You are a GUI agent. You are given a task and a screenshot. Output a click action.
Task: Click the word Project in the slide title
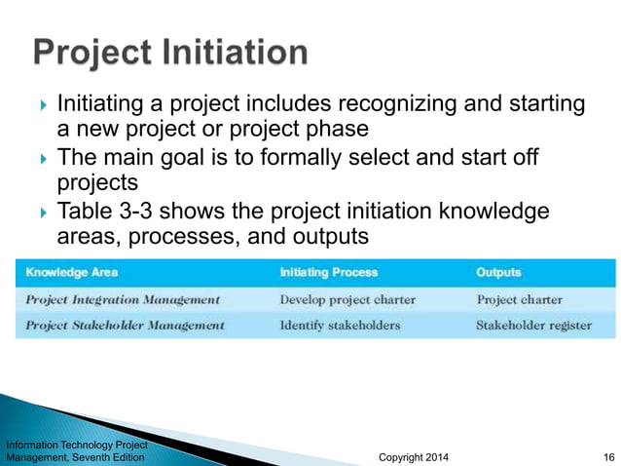click(x=91, y=53)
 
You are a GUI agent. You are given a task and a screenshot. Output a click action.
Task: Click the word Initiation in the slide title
click(x=234, y=53)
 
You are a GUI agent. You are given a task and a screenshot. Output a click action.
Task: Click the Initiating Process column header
click(x=328, y=272)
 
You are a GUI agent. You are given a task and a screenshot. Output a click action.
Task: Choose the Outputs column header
click(x=498, y=272)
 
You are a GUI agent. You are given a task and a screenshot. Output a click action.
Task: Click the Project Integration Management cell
click(x=123, y=299)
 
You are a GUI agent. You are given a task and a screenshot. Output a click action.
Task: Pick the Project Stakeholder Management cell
click(x=125, y=325)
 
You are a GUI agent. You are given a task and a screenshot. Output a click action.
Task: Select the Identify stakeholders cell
click(x=340, y=325)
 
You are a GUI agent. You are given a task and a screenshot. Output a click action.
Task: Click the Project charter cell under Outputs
click(x=520, y=299)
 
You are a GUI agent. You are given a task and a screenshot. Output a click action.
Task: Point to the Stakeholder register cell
click(x=533, y=325)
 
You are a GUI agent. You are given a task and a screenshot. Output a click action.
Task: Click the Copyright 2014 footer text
click(x=413, y=456)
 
